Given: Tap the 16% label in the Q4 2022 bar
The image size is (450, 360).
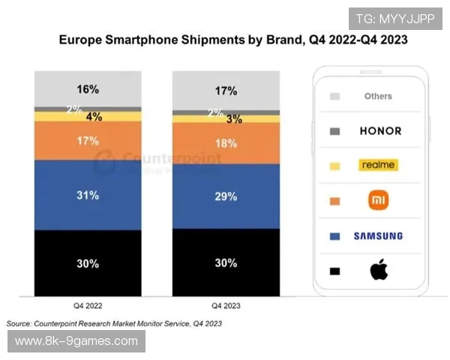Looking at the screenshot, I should pos(88,89).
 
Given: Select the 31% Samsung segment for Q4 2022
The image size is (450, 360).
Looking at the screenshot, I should pos(88,196).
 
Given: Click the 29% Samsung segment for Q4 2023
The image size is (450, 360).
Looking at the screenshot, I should pos(226,196).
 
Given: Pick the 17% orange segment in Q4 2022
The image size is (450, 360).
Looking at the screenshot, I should pos(88,139).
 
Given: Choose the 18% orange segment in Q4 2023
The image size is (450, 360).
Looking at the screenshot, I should pos(226,142).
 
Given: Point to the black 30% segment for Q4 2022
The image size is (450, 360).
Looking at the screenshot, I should pos(88,262).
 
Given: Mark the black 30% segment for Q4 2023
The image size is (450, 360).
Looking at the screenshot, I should pos(226,262).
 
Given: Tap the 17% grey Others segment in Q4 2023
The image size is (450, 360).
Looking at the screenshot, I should pos(226,91).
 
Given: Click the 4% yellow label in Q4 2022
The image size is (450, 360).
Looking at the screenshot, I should pos(94,117).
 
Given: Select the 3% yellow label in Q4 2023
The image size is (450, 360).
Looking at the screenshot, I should pos(234,119).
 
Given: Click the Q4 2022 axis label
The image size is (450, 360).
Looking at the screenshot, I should pos(88,307).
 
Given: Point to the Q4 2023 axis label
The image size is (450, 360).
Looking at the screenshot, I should pos(226,307).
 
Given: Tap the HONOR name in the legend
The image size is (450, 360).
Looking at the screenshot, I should pos(381,130).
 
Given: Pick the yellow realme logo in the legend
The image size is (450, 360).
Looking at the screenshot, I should pos(377,165).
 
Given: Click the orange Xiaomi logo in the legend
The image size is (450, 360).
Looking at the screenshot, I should pos(377,200).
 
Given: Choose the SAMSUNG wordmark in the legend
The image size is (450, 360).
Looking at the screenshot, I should pos(378,235).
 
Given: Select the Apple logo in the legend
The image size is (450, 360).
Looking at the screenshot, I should pos(378,270).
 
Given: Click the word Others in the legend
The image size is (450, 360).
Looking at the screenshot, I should pos(378,96).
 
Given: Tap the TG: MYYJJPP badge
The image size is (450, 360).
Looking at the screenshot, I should pos(390,18).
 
